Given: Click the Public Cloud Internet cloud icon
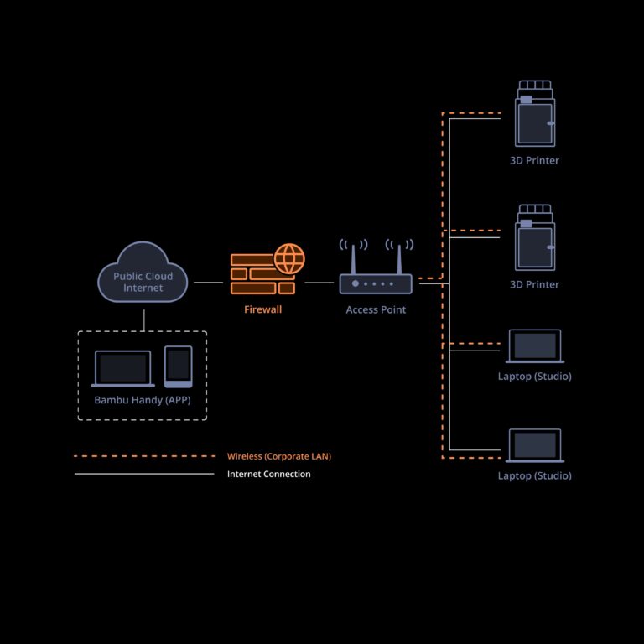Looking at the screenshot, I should click(x=143, y=273).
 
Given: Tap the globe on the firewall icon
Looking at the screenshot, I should click(x=289, y=258).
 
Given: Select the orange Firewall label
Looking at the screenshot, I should click(x=262, y=309).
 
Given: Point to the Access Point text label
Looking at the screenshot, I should click(x=376, y=309).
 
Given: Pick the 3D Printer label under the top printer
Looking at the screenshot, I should click(x=535, y=160).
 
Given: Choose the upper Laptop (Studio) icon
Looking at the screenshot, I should click(x=535, y=346).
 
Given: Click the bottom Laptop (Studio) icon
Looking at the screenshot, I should click(x=535, y=445).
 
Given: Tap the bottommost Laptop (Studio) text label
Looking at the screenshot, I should click(x=535, y=475).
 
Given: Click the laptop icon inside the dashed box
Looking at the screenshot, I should click(x=122, y=368).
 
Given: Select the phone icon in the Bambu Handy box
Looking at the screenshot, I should click(x=178, y=366).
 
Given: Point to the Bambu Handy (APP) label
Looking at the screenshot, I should click(x=143, y=400).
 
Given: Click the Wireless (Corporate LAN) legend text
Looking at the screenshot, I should click(x=279, y=456).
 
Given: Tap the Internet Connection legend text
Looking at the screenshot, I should click(x=269, y=474).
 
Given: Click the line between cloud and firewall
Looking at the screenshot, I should click(x=208, y=283).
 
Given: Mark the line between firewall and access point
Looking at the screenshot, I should click(x=319, y=283).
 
